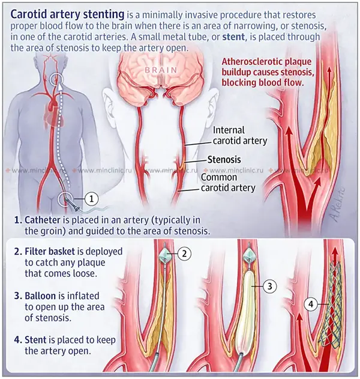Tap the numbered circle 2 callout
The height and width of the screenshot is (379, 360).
pyautogui.click(x=185, y=253)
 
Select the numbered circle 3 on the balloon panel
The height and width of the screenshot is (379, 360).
pyautogui.click(x=271, y=287)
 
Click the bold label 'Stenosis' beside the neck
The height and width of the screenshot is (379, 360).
pyautogui.click(x=224, y=160)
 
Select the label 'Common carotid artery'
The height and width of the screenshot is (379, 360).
pyautogui.click(x=228, y=183)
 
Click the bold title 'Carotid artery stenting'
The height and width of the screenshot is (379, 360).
pyautogui.click(x=67, y=13)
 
